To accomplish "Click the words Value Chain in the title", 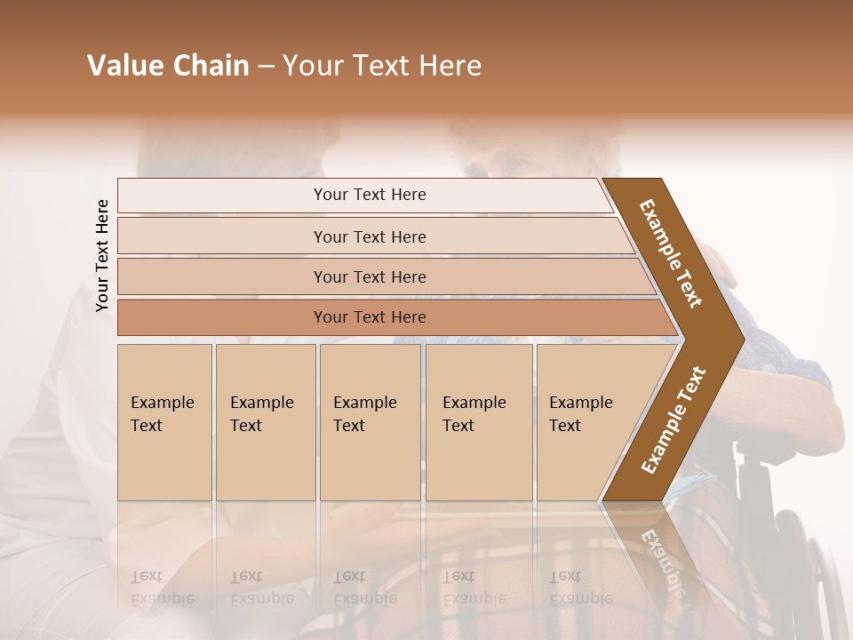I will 168,66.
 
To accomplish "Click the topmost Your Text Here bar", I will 369,195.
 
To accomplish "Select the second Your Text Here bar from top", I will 369,236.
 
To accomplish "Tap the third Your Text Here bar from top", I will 369,276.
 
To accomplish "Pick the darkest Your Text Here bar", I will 369,317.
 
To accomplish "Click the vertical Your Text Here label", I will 102,255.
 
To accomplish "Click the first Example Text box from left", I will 164,422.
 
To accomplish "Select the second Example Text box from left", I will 265,422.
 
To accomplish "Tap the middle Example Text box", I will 370,422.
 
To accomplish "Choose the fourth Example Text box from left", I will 478,422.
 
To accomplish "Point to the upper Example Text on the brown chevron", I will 671,253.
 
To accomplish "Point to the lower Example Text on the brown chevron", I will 674,420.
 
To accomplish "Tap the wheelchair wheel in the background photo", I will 813,569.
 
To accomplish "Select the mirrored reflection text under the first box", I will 162,587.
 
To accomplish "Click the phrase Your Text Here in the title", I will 382,66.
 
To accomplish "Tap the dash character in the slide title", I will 266,67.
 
